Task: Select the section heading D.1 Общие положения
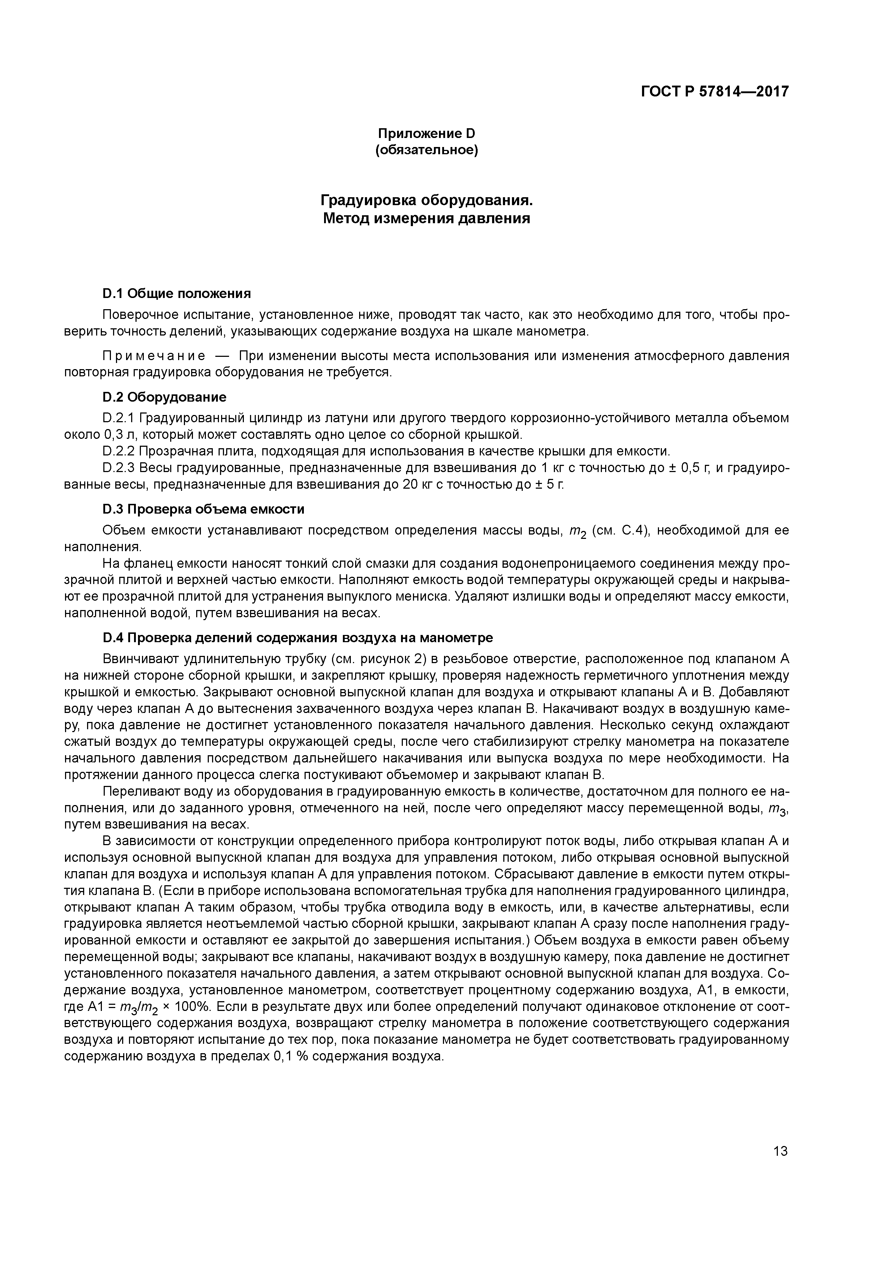tap(177, 293)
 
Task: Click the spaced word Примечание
tap(154, 356)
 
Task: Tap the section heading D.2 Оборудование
tap(164, 397)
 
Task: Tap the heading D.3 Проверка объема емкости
tap(203, 509)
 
